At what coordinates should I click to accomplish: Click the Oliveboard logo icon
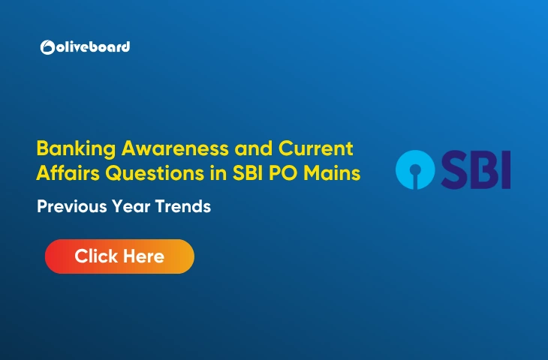[x=47, y=47]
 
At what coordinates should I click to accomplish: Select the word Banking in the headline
[x=70, y=147]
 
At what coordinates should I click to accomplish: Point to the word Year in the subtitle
[x=128, y=207]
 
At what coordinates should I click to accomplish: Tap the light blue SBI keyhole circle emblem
[x=415, y=169]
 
